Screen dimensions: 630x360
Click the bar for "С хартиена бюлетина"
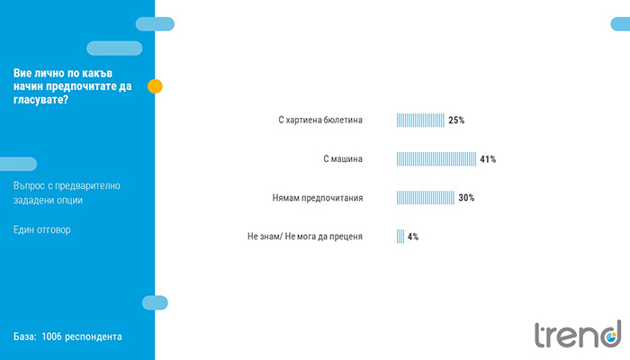[420, 120]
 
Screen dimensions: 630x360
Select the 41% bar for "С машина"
[436, 159]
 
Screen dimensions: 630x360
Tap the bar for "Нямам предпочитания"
[426, 198]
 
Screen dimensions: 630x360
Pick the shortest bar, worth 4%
[400, 237]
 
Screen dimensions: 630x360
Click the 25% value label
[456, 120]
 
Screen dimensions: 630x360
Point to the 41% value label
[488, 159]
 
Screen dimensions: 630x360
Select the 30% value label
[466, 198]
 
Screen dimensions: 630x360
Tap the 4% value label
[413, 237]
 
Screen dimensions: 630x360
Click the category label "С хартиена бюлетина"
[320, 120]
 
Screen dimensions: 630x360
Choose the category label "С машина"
[343, 159]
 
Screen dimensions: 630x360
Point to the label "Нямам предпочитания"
[318, 198]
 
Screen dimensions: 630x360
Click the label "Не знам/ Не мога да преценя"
[305, 237]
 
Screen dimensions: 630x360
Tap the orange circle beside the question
[155, 86]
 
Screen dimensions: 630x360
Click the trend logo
[578, 334]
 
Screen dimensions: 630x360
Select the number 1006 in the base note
[52, 337]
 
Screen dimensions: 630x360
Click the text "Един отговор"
[42, 229]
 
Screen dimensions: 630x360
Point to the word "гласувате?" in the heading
[41, 100]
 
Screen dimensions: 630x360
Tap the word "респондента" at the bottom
[94, 337]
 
